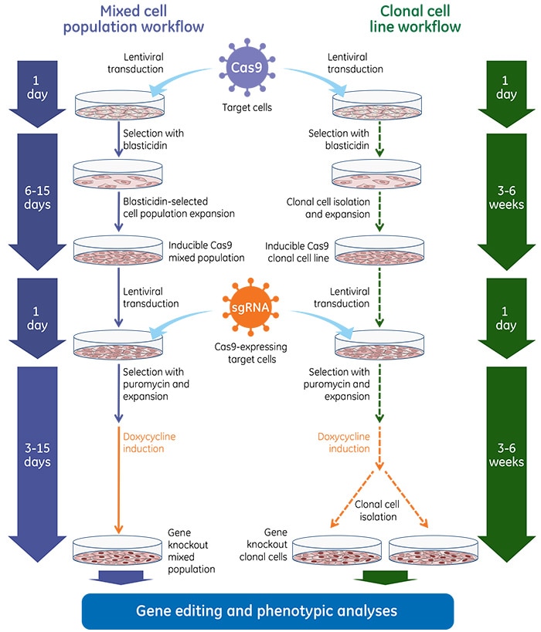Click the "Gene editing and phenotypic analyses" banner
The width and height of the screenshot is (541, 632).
[x=267, y=610]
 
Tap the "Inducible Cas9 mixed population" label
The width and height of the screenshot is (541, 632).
[x=199, y=252]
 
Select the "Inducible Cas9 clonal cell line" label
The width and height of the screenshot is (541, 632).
[x=298, y=252]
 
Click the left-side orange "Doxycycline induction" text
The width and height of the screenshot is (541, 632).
[x=149, y=443]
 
